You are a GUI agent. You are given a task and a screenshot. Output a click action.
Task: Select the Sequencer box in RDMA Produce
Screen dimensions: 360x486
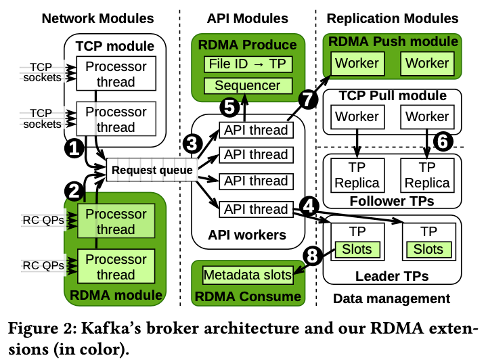click(x=247, y=86)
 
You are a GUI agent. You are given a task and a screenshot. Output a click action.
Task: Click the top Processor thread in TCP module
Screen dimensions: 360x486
click(x=116, y=74)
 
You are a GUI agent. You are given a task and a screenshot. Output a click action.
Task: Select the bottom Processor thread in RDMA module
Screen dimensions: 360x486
click(x=116, y=267)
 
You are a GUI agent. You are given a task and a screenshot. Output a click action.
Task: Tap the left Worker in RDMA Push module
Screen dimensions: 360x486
click(x=357, y=64)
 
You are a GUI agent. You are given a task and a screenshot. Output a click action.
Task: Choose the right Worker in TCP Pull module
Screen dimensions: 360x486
click(x=428, y=116)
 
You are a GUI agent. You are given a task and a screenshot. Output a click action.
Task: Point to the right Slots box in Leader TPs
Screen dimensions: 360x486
click(x=428, y=249)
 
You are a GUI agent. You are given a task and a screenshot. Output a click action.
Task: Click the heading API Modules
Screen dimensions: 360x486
click(x=248, y=18)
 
